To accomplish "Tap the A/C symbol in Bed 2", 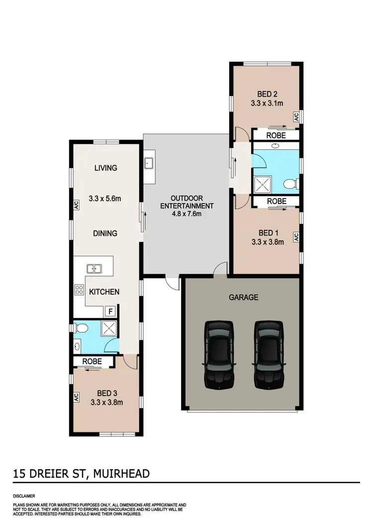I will (295, 117).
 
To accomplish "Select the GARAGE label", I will (243, 298).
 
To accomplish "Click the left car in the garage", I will (218, 354).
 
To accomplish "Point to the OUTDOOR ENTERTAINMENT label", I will (186, 202).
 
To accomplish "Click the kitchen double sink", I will (94, 269).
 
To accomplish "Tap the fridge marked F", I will (111, 312).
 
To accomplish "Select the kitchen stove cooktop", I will (79, 290).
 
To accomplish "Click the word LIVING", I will (105, 168).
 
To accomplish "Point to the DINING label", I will (105, 233).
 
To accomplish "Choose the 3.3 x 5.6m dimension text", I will (105, 199).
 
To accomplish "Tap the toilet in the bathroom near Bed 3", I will (82, 327).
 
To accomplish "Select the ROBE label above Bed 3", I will (92, 361).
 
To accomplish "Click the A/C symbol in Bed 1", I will (295, 237).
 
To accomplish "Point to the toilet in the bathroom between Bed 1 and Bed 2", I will (290, 185).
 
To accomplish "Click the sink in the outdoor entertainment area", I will (149, 163).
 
